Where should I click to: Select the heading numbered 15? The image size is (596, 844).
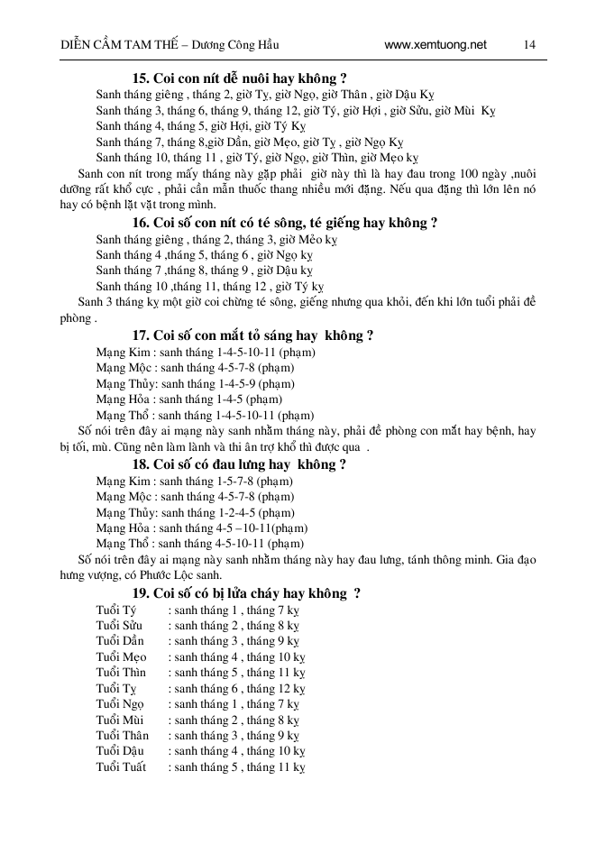[241, 78]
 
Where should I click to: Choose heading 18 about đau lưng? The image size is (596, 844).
[240, 465]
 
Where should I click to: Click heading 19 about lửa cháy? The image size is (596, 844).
[247, 593]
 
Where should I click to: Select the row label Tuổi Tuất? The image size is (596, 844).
[120, 768]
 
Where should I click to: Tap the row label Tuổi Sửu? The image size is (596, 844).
[120, 625]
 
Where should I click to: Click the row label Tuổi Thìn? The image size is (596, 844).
[121, 673]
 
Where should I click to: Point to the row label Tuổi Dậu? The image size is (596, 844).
[120, 752]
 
